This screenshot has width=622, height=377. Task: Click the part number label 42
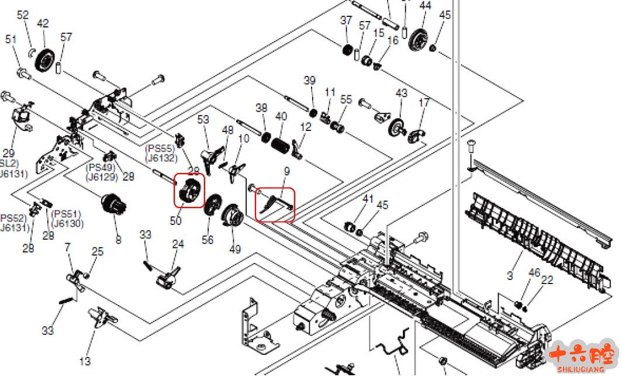[43, 24]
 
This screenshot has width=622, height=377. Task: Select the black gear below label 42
[44, 61]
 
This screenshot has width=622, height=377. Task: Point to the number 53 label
[203, 120]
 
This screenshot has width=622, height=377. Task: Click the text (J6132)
[161, 158]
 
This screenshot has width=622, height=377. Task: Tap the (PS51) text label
[66, 215]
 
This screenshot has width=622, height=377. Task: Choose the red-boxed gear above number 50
[189, 191]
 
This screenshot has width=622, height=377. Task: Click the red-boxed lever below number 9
[274, 204]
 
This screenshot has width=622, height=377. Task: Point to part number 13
[85, 361]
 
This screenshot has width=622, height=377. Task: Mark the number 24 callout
[178, 244]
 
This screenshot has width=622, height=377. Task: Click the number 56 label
[208, 240]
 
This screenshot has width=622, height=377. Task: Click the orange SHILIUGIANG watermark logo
[583, 355]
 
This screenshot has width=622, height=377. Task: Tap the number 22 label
[547, 281]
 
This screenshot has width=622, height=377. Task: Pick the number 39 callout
[309, 80]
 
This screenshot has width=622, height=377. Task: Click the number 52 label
[23, 15]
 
